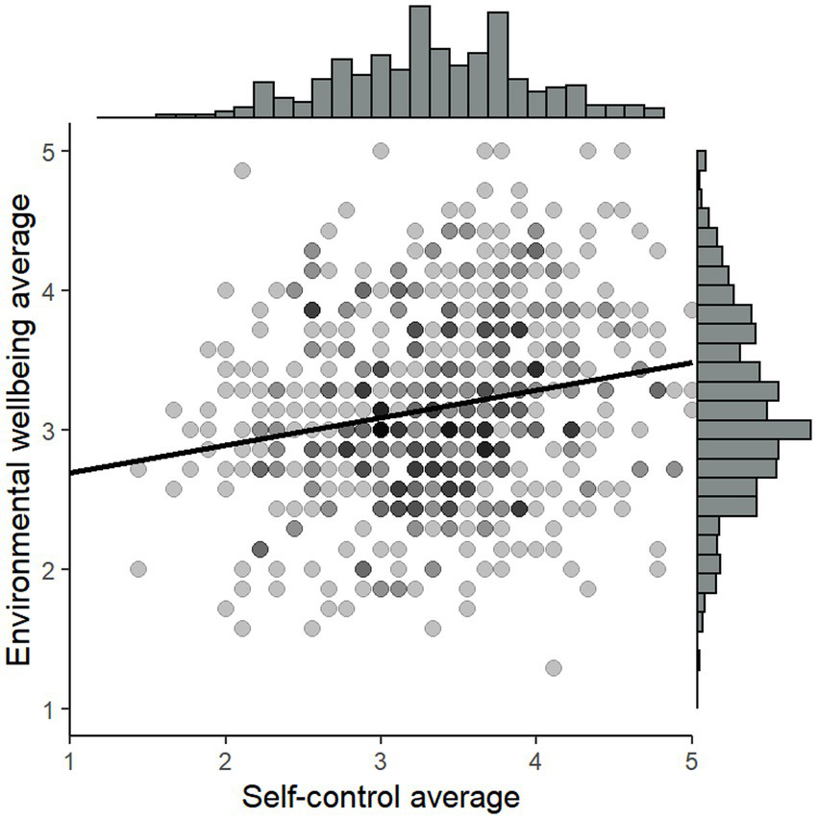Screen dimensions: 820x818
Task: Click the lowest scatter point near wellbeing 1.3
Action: coord(553,667)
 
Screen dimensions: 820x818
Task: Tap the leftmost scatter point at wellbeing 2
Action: coord(137,569)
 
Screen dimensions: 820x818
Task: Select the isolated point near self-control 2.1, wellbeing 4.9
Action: coord(242,170)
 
